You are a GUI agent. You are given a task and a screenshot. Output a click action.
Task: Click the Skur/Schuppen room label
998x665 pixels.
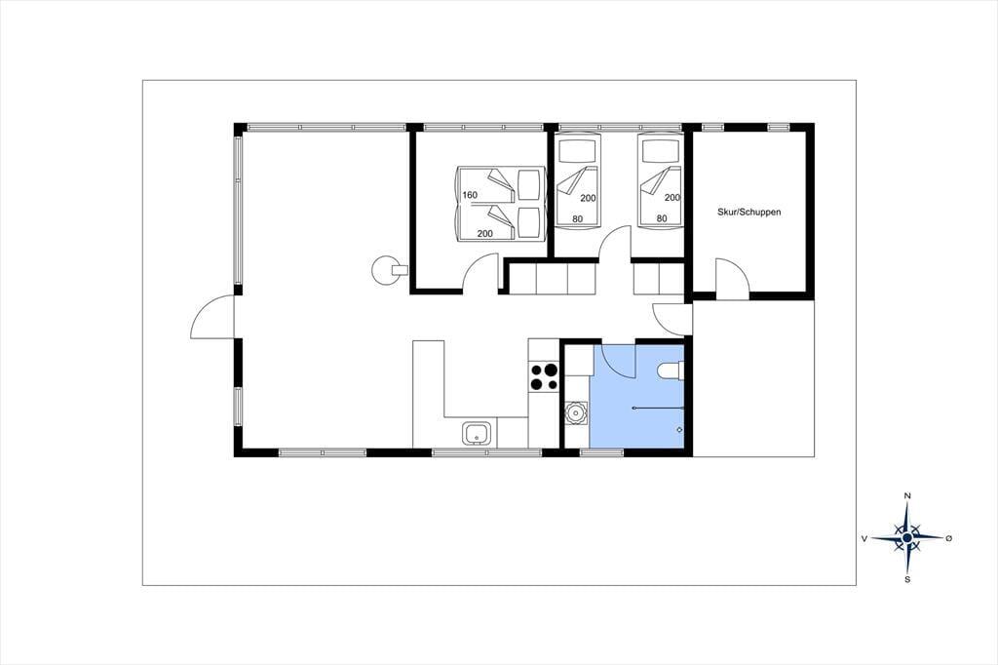(x=748, y=213)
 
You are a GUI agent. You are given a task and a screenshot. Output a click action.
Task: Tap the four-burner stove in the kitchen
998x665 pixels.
(x=544, y=375)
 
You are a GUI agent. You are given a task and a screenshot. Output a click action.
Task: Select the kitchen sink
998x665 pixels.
(x=477, y=434)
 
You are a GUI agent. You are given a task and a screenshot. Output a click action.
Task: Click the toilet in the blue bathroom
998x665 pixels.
(x=671, y=371)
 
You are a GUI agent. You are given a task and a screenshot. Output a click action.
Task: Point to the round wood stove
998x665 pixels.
(x=384, y=270)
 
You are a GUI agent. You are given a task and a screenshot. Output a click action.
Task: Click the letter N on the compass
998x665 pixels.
(x=907, y=495)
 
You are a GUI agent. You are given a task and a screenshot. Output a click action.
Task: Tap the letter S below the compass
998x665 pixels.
(x=907, y=579)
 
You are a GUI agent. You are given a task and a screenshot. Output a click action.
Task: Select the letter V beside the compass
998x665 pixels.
(x=864, y=538)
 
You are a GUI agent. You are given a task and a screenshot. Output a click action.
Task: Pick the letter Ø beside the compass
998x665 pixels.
(x=949, y=538)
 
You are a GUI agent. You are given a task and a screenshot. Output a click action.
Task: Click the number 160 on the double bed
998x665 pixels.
(x=470, y=195)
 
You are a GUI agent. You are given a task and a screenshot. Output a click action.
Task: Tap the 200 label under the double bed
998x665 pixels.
(x=485, y=234)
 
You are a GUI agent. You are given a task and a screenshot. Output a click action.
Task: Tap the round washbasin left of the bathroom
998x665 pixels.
(x=577, y=412)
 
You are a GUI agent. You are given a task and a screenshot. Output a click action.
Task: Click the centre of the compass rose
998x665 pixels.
(x=907, y=538)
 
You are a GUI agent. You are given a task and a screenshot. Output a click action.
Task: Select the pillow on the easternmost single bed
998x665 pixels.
(x=660, y=151)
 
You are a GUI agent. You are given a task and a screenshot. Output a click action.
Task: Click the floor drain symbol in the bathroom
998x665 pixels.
(x=679, y=430)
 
